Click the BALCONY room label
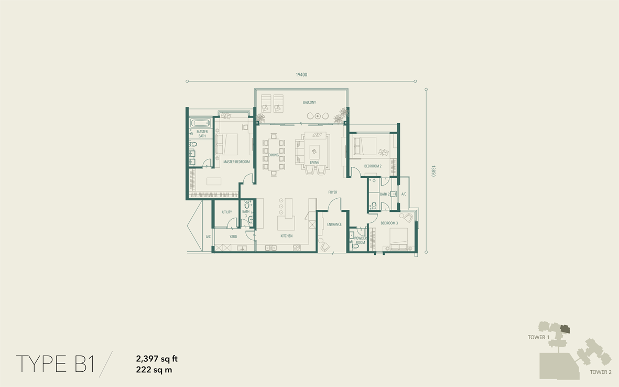tap(309, 102)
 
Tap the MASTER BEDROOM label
tap(236, 162)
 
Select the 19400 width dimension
tap(301, 74)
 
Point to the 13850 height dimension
tap(433, 171)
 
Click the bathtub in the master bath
tap(200, 123)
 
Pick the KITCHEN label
tap(287, 236)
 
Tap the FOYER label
tap(333, 192)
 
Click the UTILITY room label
tap(227, 212)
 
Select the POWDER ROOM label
tap(361, 241)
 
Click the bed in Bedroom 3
tap(399, 239)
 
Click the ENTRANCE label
tap(334, 224)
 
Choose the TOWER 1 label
tap(538, 337)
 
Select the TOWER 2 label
tap(601, 372)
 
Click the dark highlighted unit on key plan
tap(566, 329)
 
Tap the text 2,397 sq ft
tap(157, 359)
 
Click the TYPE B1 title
tap(55, 364)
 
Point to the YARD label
tap(233, 236)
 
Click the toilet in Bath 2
tap(374, 206)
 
